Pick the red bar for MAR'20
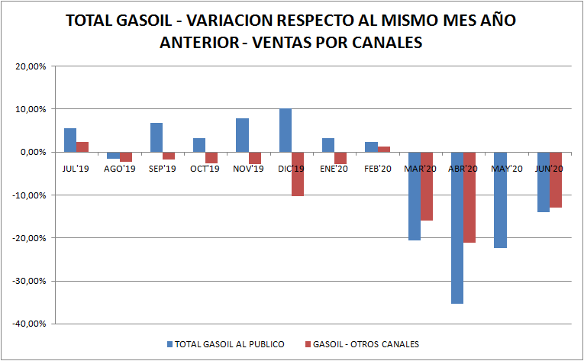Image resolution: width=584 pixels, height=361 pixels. (x=427, y=186)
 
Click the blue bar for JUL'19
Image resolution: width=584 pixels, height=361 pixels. (x=69, y=140)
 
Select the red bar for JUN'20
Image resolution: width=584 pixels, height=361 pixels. (x=556, y=180)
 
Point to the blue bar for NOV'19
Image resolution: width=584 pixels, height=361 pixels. (x=242, y=135)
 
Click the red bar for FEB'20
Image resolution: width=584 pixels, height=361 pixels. (x=384, y=149)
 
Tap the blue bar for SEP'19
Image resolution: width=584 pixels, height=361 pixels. (x=156, y=137)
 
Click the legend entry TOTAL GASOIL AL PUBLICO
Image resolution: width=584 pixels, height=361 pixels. (x=229, y=344)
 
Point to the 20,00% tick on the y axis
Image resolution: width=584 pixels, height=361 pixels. (x=31, y=66)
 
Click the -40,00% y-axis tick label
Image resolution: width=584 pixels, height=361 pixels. (x=29, y=324)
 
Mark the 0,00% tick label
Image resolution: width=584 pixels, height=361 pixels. (x=34, y=152)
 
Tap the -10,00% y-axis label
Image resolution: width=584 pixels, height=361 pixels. (x=29, y=195)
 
